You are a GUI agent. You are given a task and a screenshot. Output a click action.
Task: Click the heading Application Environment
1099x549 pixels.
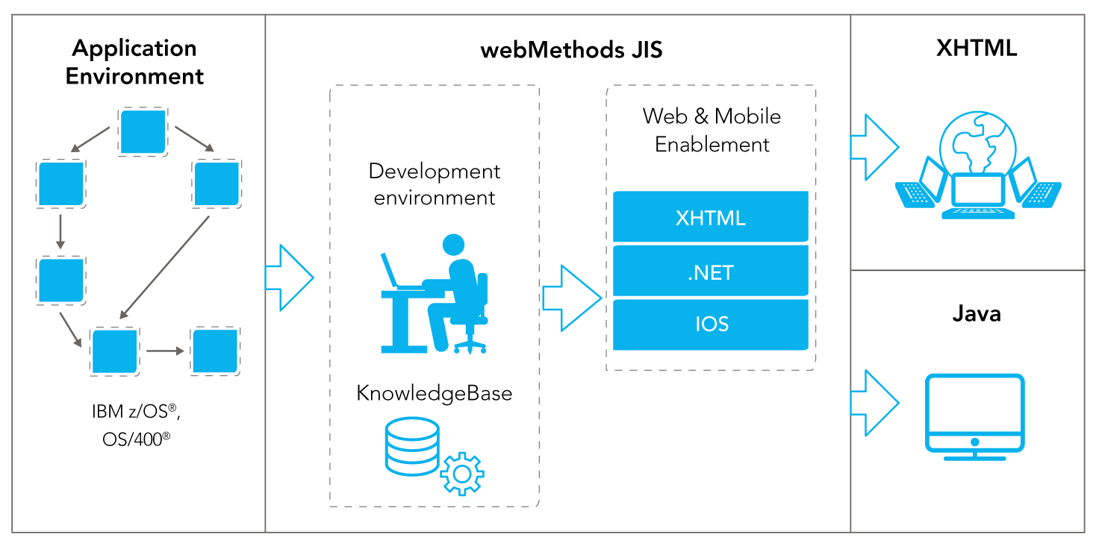click(134, 62)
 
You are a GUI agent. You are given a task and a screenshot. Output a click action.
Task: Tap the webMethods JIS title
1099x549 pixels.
click(572, 50)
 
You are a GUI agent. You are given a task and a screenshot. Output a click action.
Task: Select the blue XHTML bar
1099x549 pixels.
click(711, 216)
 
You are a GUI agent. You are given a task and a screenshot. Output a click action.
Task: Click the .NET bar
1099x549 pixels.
click(711, 271)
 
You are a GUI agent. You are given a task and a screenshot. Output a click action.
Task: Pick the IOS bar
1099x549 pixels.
click(711, 324)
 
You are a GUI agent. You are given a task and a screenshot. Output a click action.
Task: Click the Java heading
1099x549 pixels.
click(977, 314)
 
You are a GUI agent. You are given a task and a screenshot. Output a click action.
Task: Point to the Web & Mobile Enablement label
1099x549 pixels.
click(712, 131)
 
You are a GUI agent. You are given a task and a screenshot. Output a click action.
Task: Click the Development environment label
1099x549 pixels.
click(435, 184)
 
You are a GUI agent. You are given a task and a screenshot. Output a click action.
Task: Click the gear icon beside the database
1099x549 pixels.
click(462, 474)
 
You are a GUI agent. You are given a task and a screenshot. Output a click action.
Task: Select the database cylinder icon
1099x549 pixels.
click(412, 446)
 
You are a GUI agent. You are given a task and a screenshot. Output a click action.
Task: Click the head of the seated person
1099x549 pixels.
click(453, 245)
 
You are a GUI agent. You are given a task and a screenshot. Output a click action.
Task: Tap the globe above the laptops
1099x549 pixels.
click(978, 143)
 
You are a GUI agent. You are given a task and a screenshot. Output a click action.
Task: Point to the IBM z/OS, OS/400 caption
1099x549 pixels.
click(136, 424)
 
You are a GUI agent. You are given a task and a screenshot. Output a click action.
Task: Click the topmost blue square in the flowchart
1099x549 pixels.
click(143, 132)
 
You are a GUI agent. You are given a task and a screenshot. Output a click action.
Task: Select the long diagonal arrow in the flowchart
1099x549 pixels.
click(164, 267)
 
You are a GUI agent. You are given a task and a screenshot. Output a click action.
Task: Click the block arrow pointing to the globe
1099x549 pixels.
click(875, 147)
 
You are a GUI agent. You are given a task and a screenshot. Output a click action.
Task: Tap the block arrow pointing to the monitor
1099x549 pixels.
click(875, 403)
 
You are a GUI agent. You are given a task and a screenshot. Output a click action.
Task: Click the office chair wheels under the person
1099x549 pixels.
click(470, 346)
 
